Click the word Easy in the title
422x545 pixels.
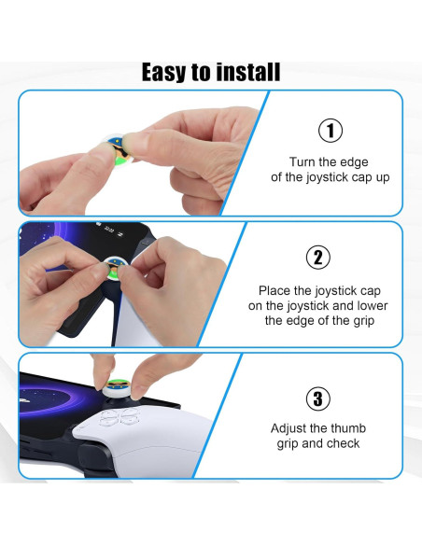(x=163, y=72)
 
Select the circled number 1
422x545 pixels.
(x=331, y=131)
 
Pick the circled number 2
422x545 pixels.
(x=318, y=258)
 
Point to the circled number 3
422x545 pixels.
(x=318, y=398)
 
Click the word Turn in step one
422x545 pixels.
(x=302, y=162)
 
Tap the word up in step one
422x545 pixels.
(x=383, y=177)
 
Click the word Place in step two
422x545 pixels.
(x=274, y=290)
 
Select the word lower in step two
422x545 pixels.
(x=373, y=305)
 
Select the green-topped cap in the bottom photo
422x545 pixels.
(x=117, y=388)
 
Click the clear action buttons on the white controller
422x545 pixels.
(x=119, y=417)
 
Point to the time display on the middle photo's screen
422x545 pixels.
(x=109, y=230)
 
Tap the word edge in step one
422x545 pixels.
(x=354, y=162)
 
